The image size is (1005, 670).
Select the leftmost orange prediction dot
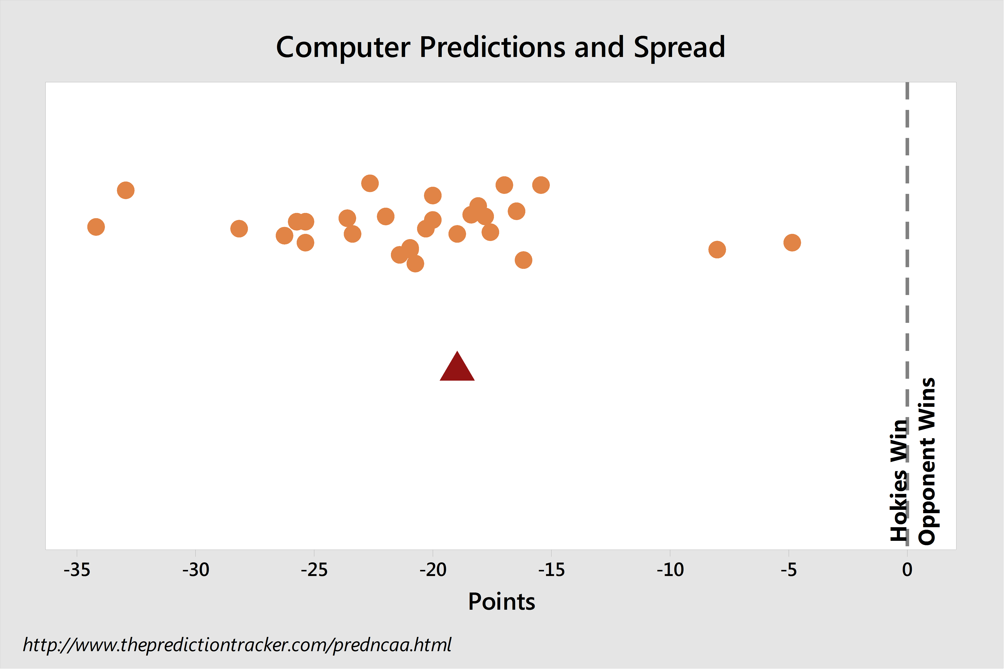click(x=96, y=227)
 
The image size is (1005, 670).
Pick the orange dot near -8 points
click(x=718, y=250)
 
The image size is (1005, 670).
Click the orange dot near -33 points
click(x=126, y=190)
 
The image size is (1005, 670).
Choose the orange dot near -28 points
click(x=239, y=229)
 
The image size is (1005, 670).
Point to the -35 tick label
click(x=77, y=570)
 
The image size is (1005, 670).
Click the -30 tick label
click(x=196, y=570)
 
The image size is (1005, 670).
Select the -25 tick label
click(x=314, y=570)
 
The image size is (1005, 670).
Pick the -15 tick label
click(x=552, y=570)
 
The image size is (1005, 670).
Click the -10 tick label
click(x=670, y=570)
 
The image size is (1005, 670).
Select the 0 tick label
click(x=908, y=570)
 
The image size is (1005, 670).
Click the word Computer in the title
click(x=344, y=48)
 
